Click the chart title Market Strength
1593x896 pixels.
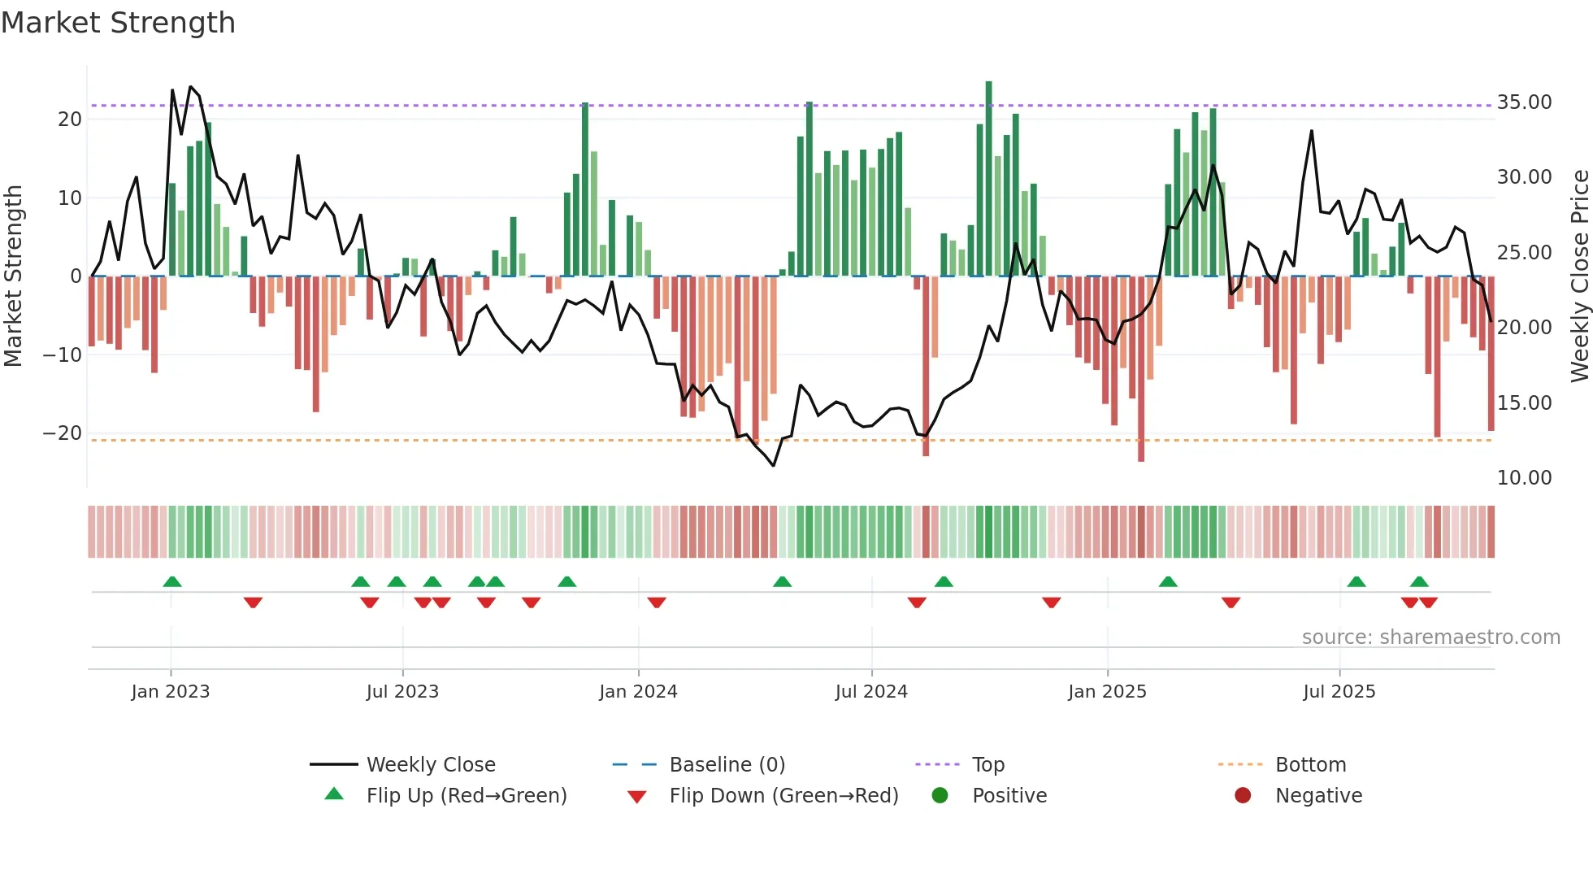[x=118, y=23]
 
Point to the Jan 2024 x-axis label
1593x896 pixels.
[x=638, y=692]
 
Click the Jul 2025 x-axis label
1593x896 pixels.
[x=1339, y=692]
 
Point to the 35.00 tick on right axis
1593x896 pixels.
[x=1524, y=102]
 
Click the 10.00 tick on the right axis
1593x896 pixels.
[x=1524, y=478]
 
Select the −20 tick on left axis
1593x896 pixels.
[x=63, y=433]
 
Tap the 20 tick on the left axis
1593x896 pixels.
[x=69, y=120]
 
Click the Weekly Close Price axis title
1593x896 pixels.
[x=1579, y=276]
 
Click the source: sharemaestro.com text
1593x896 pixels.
[x=1430, y=637]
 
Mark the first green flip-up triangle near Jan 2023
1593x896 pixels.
[x=171, y=581]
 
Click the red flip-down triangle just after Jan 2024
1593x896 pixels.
[x=657, y=602]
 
